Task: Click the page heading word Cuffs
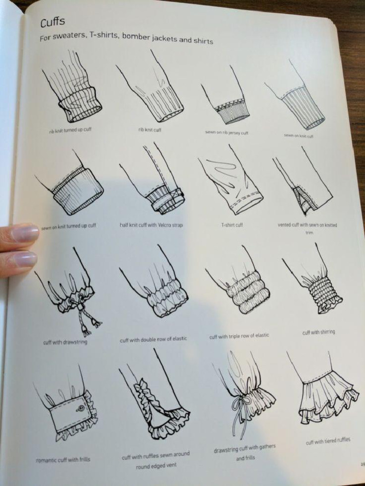[x=52, y=22]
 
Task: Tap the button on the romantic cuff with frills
[x=80, y=408]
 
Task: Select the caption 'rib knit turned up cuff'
[x=70, y=130]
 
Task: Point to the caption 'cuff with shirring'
[x=318, y=332]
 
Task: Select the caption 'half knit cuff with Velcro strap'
[x=151, y=225]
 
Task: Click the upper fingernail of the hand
[x=26, y=234]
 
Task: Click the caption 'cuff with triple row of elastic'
[x=239, y=336]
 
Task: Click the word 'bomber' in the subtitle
[x=136, y=37]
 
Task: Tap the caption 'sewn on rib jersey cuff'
[x=227, y=133]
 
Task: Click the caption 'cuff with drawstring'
[x=65, y=342]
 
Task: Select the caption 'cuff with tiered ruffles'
[x=328, y=440]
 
